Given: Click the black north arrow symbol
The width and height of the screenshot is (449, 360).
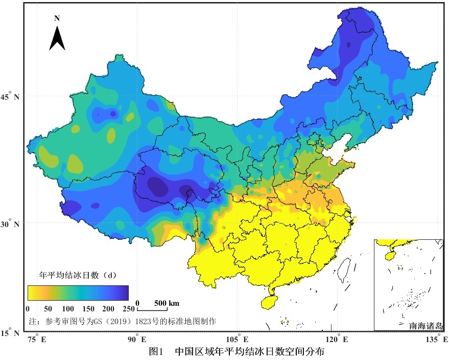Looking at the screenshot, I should coord(57,38).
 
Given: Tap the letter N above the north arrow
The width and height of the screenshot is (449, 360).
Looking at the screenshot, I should coord(57,18).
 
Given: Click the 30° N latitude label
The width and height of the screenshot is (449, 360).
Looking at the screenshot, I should coord(11,224).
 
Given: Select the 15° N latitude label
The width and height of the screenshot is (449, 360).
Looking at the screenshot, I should coord(11,333).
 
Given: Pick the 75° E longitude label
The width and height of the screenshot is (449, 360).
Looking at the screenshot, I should coord(36,340).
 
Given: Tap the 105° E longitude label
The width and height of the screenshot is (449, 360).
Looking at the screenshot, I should coord(238,340).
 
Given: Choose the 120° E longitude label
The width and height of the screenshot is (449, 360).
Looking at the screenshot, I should coord(338,340).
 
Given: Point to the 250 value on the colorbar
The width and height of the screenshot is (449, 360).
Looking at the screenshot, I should coord(128,308).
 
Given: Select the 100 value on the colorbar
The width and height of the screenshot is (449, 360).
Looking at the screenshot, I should coord(67,308).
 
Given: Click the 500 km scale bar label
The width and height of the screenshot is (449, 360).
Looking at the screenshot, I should coord(167,303).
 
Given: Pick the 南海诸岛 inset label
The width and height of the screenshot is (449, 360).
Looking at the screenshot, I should coord(425,325).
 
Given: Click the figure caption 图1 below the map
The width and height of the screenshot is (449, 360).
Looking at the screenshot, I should coord(155,352).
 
